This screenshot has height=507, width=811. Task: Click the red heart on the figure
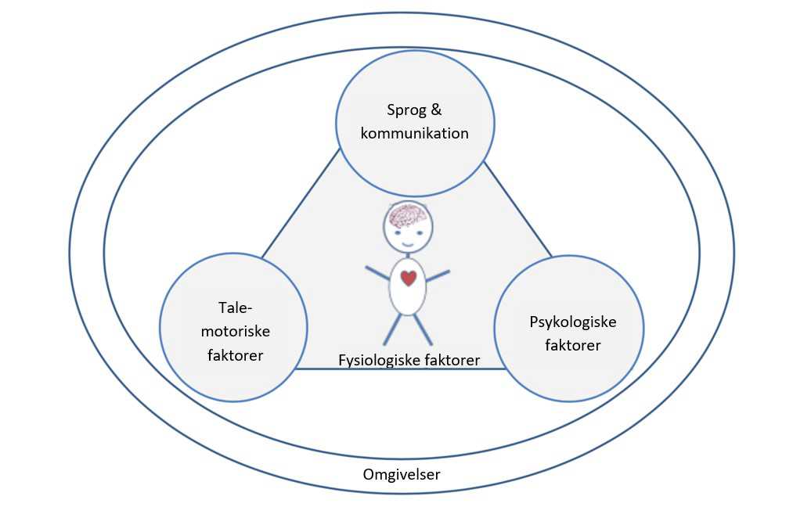pos(409,277)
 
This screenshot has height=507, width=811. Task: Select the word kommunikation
pos(414,133)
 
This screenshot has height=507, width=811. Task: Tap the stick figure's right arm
pos(438,275)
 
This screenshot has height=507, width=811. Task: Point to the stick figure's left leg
pos(392,329)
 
